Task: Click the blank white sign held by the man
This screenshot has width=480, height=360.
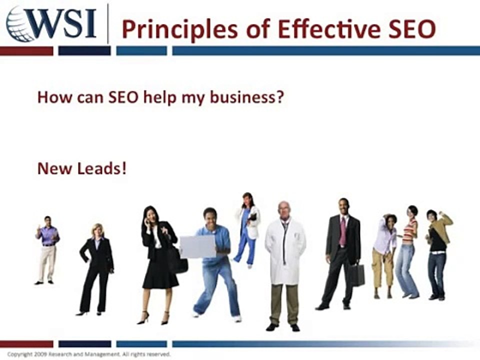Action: coord(197,247)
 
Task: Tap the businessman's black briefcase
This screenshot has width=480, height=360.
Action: coord(356,275)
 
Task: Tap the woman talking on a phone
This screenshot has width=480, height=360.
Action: coord(157,260)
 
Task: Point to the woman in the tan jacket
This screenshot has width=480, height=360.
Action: coord(438,252)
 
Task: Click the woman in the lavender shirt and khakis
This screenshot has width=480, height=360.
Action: coord(384,255)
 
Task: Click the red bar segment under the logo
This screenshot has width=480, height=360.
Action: coord(26,50)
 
